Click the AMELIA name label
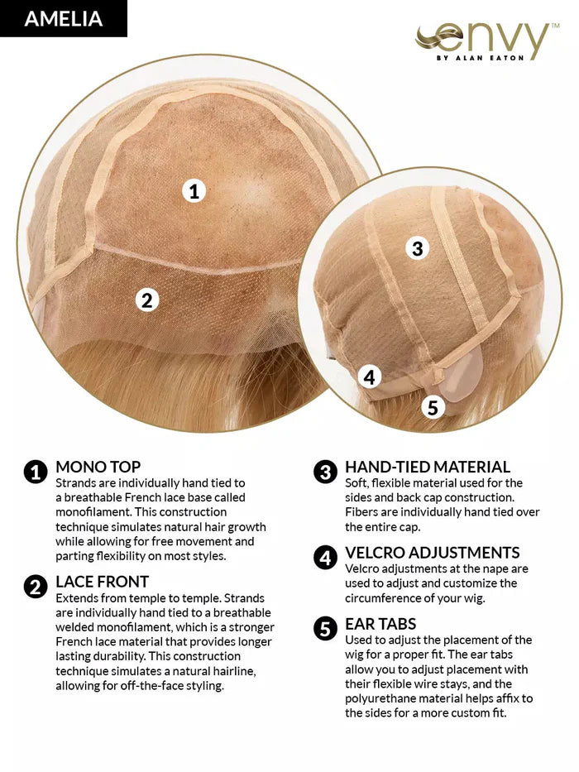pos(64,19)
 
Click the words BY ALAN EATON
pos(481,58)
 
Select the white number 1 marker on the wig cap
pos(194,191)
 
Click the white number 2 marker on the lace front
pos(147,300)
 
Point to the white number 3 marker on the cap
pos(417,248)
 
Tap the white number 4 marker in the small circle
pos(369,377)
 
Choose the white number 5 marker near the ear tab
pos(433,407)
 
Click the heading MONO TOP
pos(98,467)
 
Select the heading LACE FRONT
pos(102,582)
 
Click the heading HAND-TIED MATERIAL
pos(428,467)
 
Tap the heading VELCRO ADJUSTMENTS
pos(433,553)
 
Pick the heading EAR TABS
pos(380,624)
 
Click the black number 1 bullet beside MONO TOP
pos(36,472)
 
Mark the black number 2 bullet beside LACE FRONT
pos(36,587)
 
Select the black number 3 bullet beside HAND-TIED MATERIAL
pos(325,472)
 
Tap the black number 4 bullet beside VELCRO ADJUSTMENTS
pos(325,558)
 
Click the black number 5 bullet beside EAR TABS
pos(325,629)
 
